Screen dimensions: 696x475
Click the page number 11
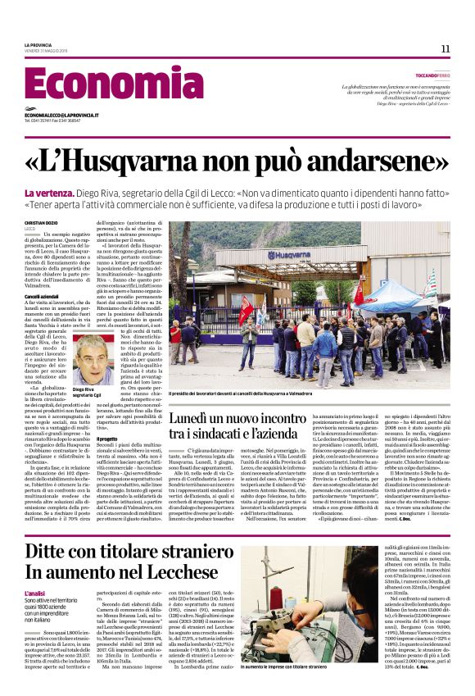click(445, 48)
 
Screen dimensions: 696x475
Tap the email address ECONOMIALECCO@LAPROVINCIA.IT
click(62, 116)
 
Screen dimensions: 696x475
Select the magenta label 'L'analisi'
click(36, 593)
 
